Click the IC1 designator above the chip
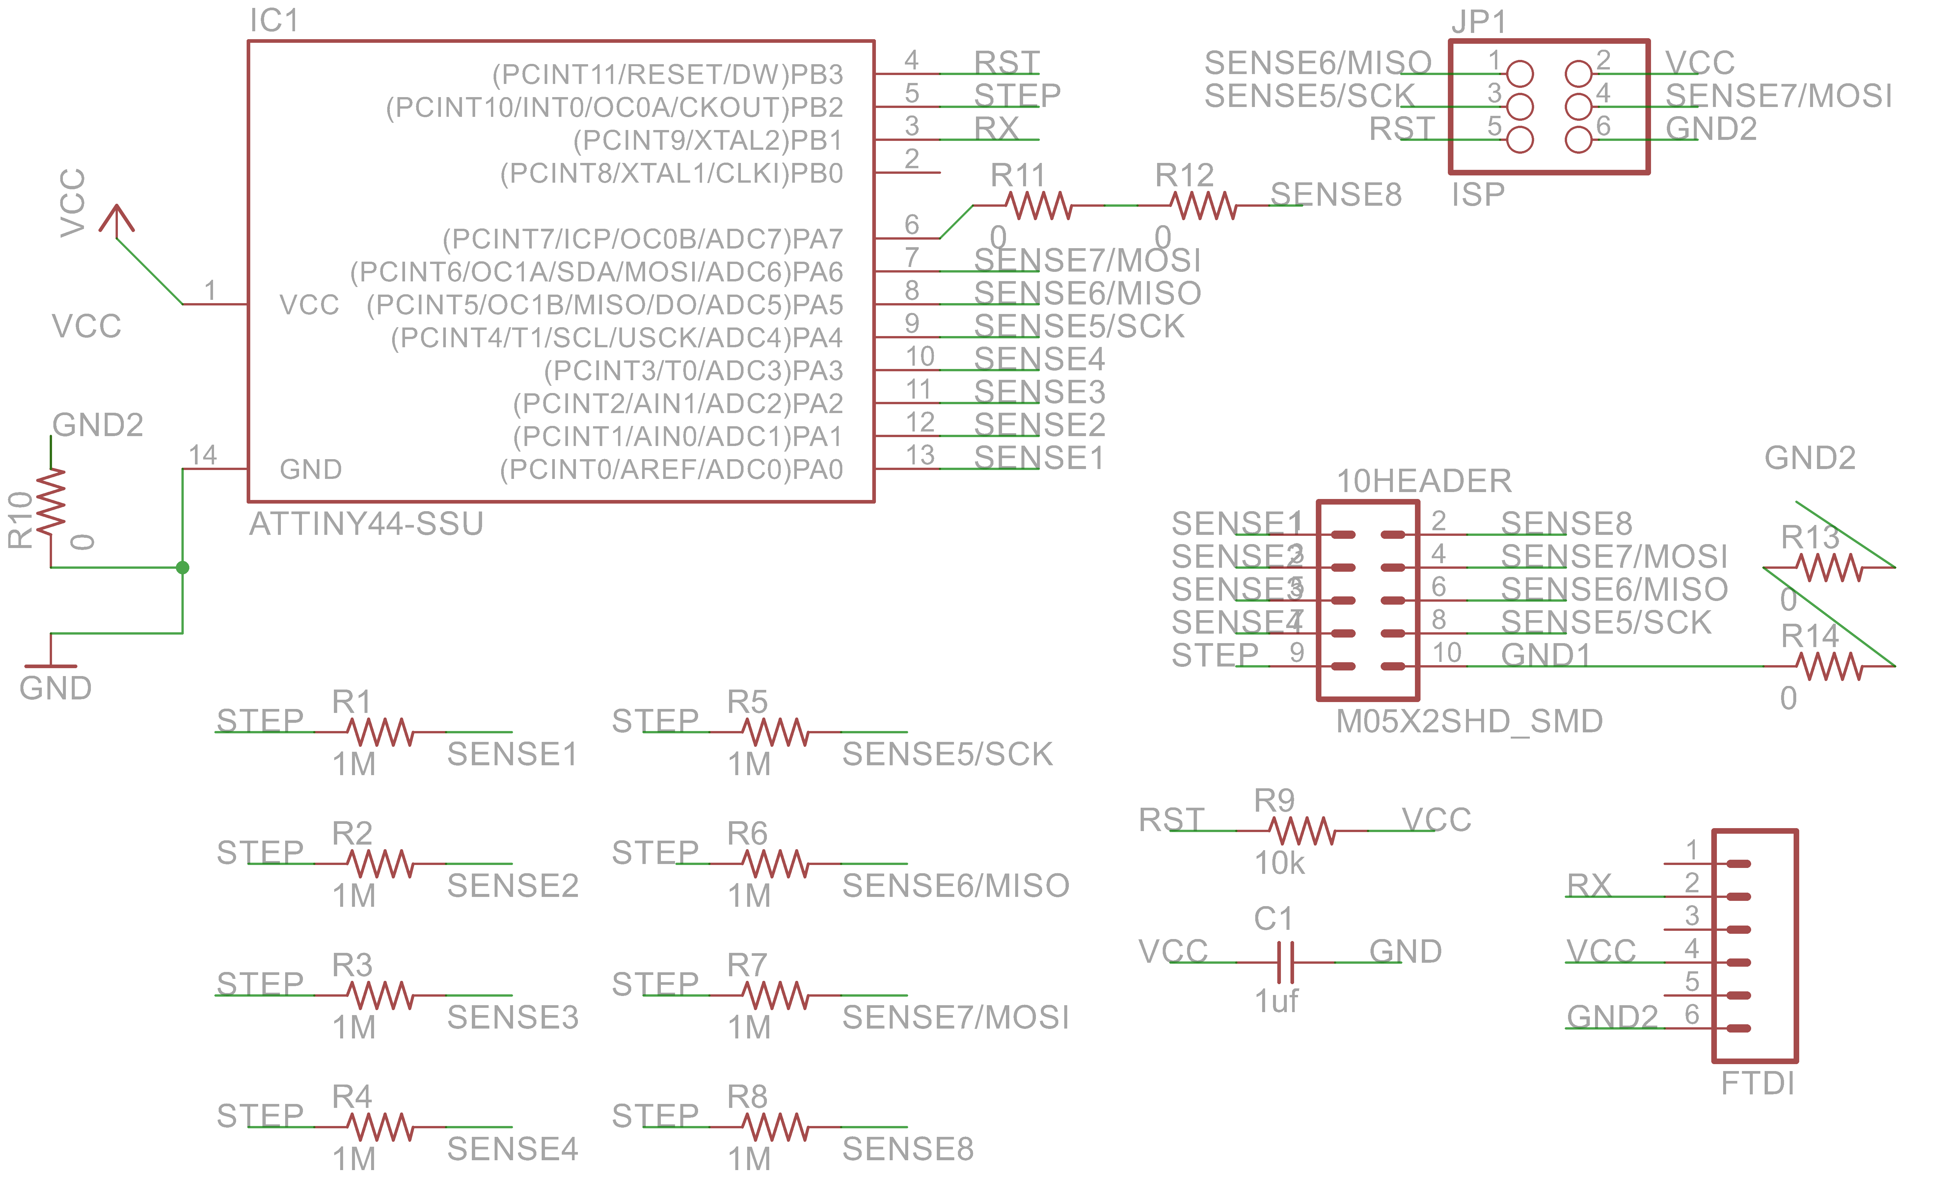[x=274, y=21]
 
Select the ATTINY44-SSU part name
[x=366, y=524]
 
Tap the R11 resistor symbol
[x=1039, y=206]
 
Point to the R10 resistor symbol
[x=51, y=500]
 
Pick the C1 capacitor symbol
[x=1285, y=963]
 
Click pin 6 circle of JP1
[x=1578, y=140]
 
